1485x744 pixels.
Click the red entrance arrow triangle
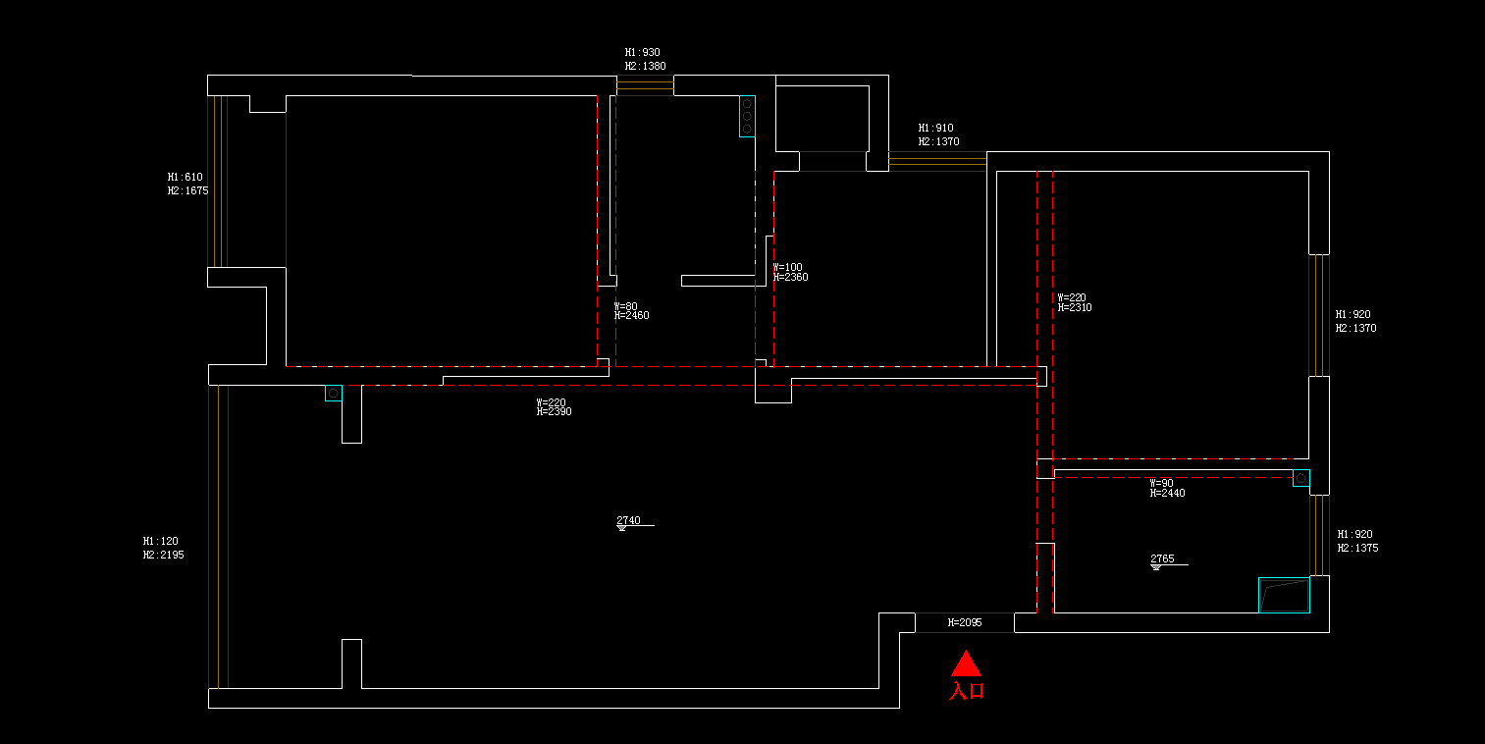tap(966, 664)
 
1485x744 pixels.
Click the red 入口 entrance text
tap(967, 691)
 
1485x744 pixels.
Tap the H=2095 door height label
tap(965, 622)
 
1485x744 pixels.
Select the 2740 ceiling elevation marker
tap(628, 521)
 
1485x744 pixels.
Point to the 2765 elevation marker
tap(1162, 559)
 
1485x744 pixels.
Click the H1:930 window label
tap(643, 53)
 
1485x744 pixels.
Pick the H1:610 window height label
tap(185, 178)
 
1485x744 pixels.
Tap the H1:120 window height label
tap(161, 541)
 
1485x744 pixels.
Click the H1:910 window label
tap(935, 129)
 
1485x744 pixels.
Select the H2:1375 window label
tap(1357, 548)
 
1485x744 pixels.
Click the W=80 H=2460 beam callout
tap(631, 311)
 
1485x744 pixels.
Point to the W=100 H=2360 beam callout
tap(790, 272)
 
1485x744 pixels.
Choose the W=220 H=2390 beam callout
tap(554, 407)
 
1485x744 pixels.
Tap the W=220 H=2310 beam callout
tap(1074, 302)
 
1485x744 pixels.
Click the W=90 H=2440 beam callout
tap(1167, 488)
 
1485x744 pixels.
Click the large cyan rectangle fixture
tap(1284, 595)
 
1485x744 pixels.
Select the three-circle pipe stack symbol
tap(747, 116)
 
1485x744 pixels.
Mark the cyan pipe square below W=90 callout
tap(1300, 478)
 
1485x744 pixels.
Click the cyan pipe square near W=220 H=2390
tap(334, 393)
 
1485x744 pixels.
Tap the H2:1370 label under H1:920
tap(1355, 328)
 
